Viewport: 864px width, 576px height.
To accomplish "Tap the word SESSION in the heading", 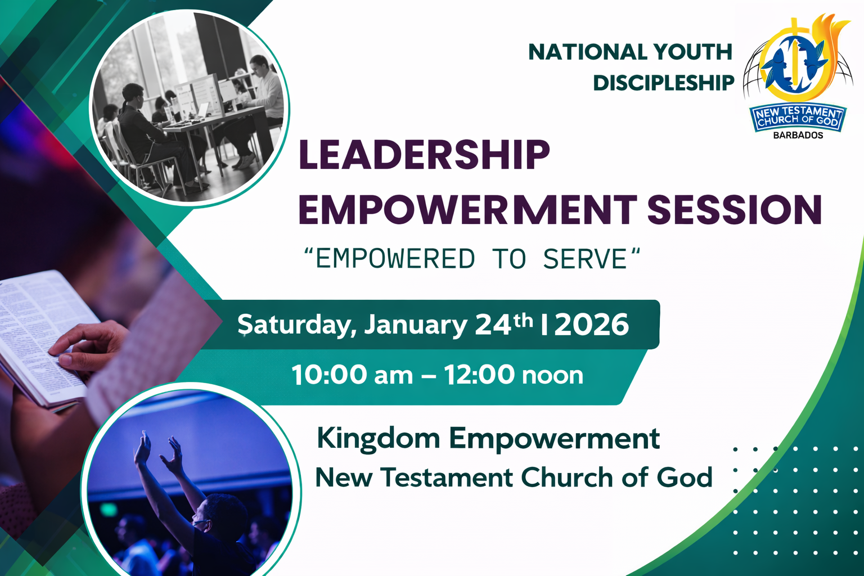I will (x=734, y=210).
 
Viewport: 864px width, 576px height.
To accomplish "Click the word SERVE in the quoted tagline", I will (x=584, y=259).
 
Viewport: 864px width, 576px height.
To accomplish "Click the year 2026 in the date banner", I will (x=591, y=325).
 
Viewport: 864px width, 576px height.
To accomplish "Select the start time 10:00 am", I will (x=352, y=375).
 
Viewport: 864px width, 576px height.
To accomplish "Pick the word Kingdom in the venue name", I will (x=378, y=439).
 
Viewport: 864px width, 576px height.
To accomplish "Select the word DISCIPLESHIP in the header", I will (x=664, y=83).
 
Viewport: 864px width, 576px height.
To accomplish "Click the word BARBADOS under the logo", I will (x=798, y=136).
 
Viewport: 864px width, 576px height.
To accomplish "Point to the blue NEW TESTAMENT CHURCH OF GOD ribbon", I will (x=798, y=117).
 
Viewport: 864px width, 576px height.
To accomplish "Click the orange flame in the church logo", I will (x=834, y=39).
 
